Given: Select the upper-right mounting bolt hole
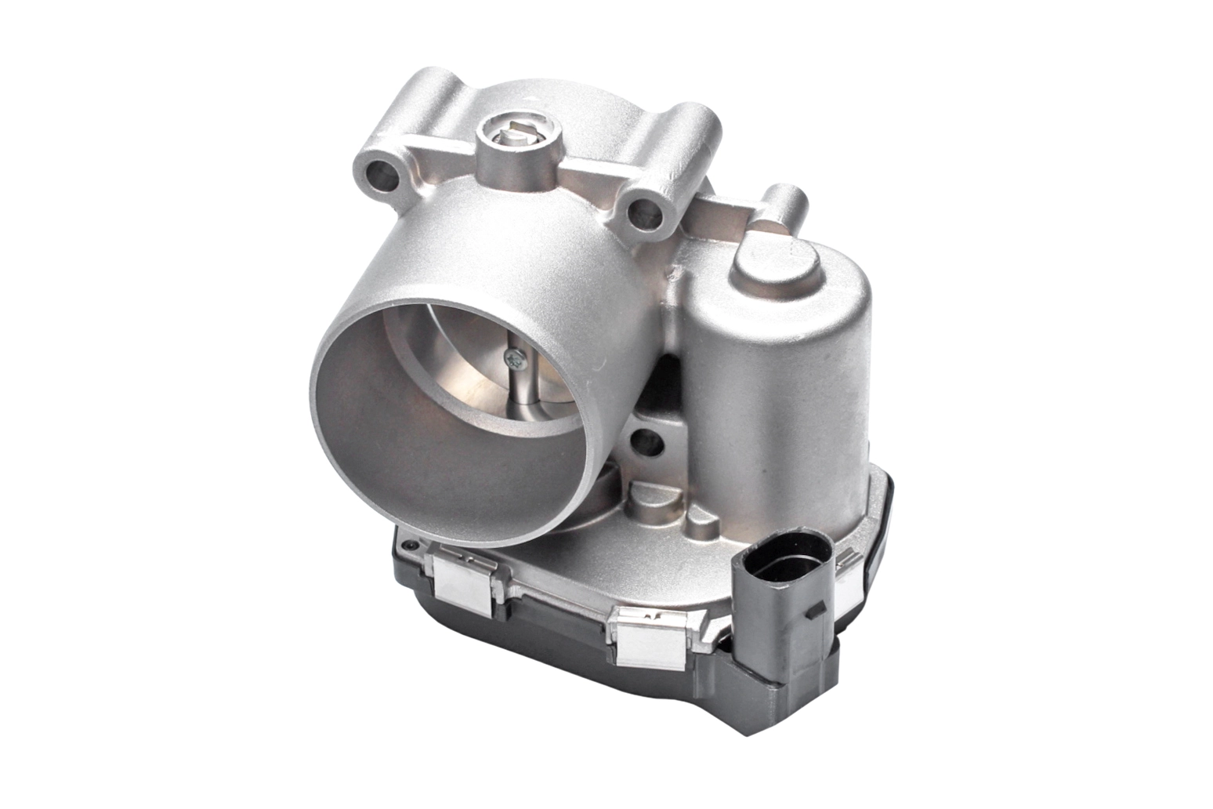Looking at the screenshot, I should click(644, 209).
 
